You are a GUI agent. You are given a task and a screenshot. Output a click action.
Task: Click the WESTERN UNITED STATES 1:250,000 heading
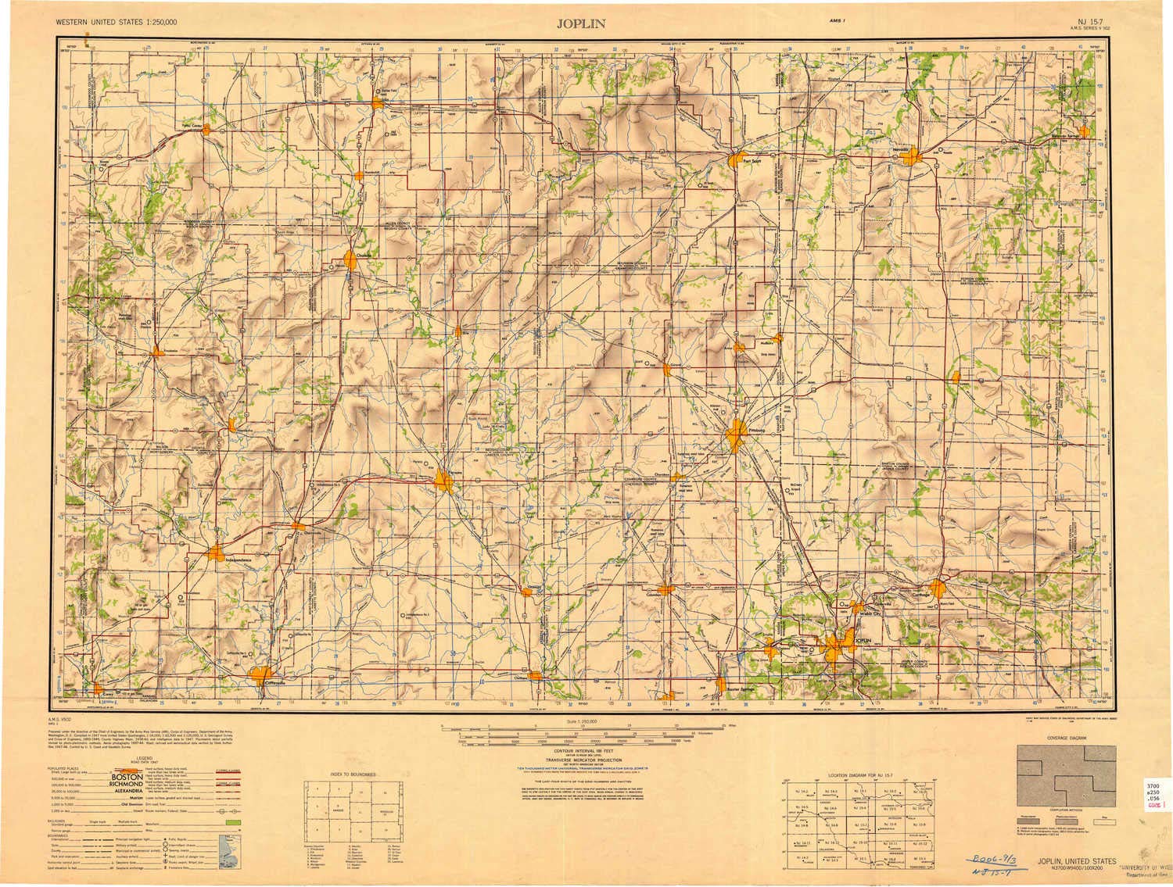[117, 21]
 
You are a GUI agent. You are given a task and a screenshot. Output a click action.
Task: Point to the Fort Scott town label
[752, 163]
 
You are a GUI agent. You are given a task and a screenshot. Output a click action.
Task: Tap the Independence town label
[239, 560]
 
